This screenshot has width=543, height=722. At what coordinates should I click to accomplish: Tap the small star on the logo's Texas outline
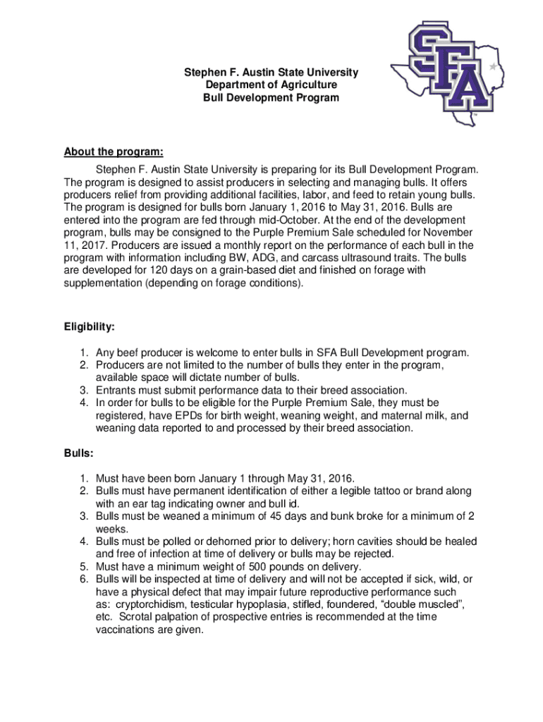click(492, 66)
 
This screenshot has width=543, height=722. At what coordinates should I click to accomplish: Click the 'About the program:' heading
click(114, 152)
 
